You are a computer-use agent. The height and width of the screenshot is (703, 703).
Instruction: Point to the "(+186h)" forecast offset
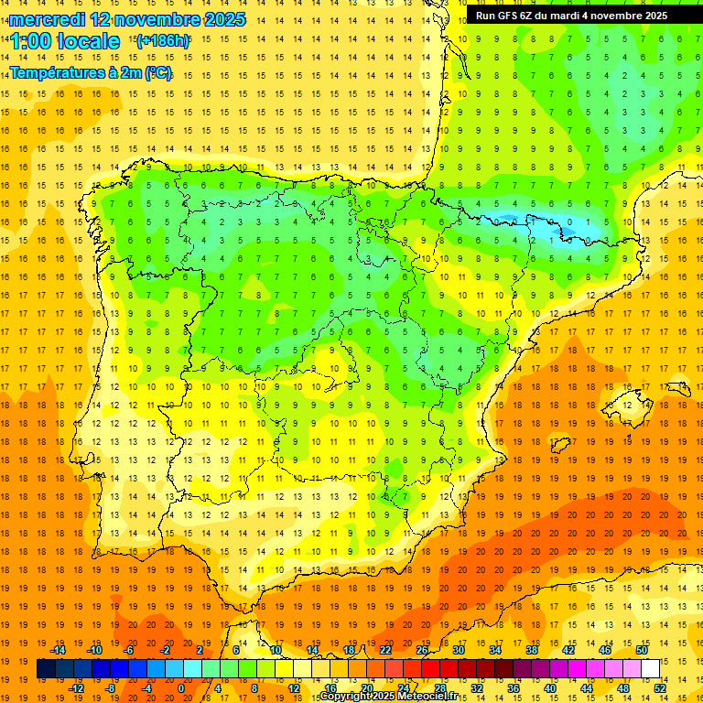click(x=163, y=40)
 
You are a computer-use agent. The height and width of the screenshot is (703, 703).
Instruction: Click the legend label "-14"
click(x=59, y=650)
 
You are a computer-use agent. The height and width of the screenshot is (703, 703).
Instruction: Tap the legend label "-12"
click(x=77, y=688)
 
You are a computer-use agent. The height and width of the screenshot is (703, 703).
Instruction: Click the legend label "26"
click(x=422, y=650)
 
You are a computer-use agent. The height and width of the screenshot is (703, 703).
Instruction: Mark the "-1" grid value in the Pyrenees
click(x=532, y=222)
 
